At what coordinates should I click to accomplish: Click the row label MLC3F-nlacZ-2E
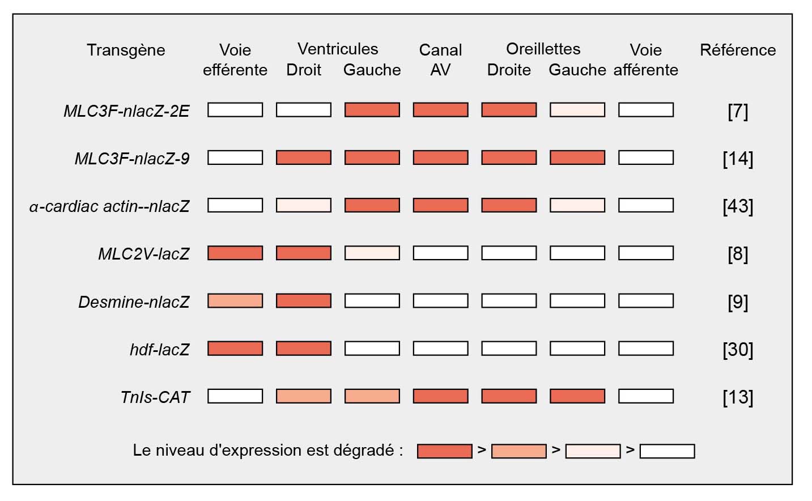pyautogui.click(x=126, y=111)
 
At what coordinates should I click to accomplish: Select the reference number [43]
pyautogui.click(x=738, y=206)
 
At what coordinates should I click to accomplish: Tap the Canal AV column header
pyautogui.click(x=440, y=60)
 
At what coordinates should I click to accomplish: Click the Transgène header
pyautogui.click(x=126, y=50)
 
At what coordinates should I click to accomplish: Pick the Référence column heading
pyautogui.click(x=738, y=50)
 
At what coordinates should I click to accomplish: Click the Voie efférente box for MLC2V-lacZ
pyautogui.click(x=235, y=253)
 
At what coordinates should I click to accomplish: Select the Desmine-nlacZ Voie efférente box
pyautogui.click(x=235, y=300)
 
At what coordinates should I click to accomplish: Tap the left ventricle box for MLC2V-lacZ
pyautogui.click(x=372, y=253)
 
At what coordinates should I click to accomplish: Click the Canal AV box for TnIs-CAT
pyautogui.click(x=440, y=396)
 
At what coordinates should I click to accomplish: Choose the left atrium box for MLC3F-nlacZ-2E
pyautogui.click(x=577, y=110)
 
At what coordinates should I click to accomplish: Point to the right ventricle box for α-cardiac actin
pyautogui.click(x=304, y=205)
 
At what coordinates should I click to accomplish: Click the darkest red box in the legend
pyautogui.click(x=444, y=451)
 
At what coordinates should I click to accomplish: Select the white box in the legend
pyautogui.click(x=667, y=451)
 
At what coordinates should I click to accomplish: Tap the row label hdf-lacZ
pyautogui.click(x=159, y=349)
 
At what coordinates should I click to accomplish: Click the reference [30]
pyautogui.click(x=738, y=349)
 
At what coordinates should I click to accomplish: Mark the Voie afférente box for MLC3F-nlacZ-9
pyautogui.click(x=646, y=158)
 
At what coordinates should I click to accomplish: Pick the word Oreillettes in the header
pyautogui.click(x=543, y=49)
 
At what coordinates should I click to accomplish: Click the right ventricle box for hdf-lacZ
pyautogui.click(x=304, y=348)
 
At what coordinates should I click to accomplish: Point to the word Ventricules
pyautogui.click(x=338, y=49)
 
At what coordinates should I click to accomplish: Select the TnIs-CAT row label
pyautogui.click(x=155, y=397)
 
